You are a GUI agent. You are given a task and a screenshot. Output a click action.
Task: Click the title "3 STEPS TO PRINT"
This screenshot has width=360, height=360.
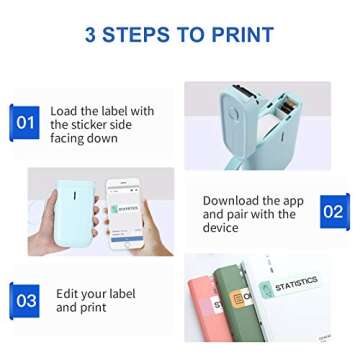coord(180,35)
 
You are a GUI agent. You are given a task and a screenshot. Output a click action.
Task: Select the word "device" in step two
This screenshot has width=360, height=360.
coord(221,228)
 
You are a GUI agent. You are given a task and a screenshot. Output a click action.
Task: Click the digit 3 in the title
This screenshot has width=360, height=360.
coord(92,35)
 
